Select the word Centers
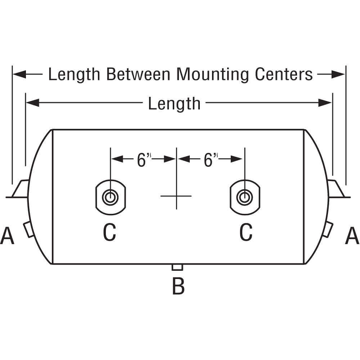tap(284, 75)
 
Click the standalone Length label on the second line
tap(174, 104)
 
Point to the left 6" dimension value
tap(143, 160)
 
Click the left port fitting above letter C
tap(110, 197)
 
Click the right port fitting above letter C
tap(245, 197)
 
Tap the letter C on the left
tap(110, 232)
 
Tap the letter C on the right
tap(246, 232)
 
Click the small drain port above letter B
tap(178, 267)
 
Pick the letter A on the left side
tap(7, 236)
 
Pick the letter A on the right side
tap(352, 236)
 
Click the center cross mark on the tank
tap(176, 196)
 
